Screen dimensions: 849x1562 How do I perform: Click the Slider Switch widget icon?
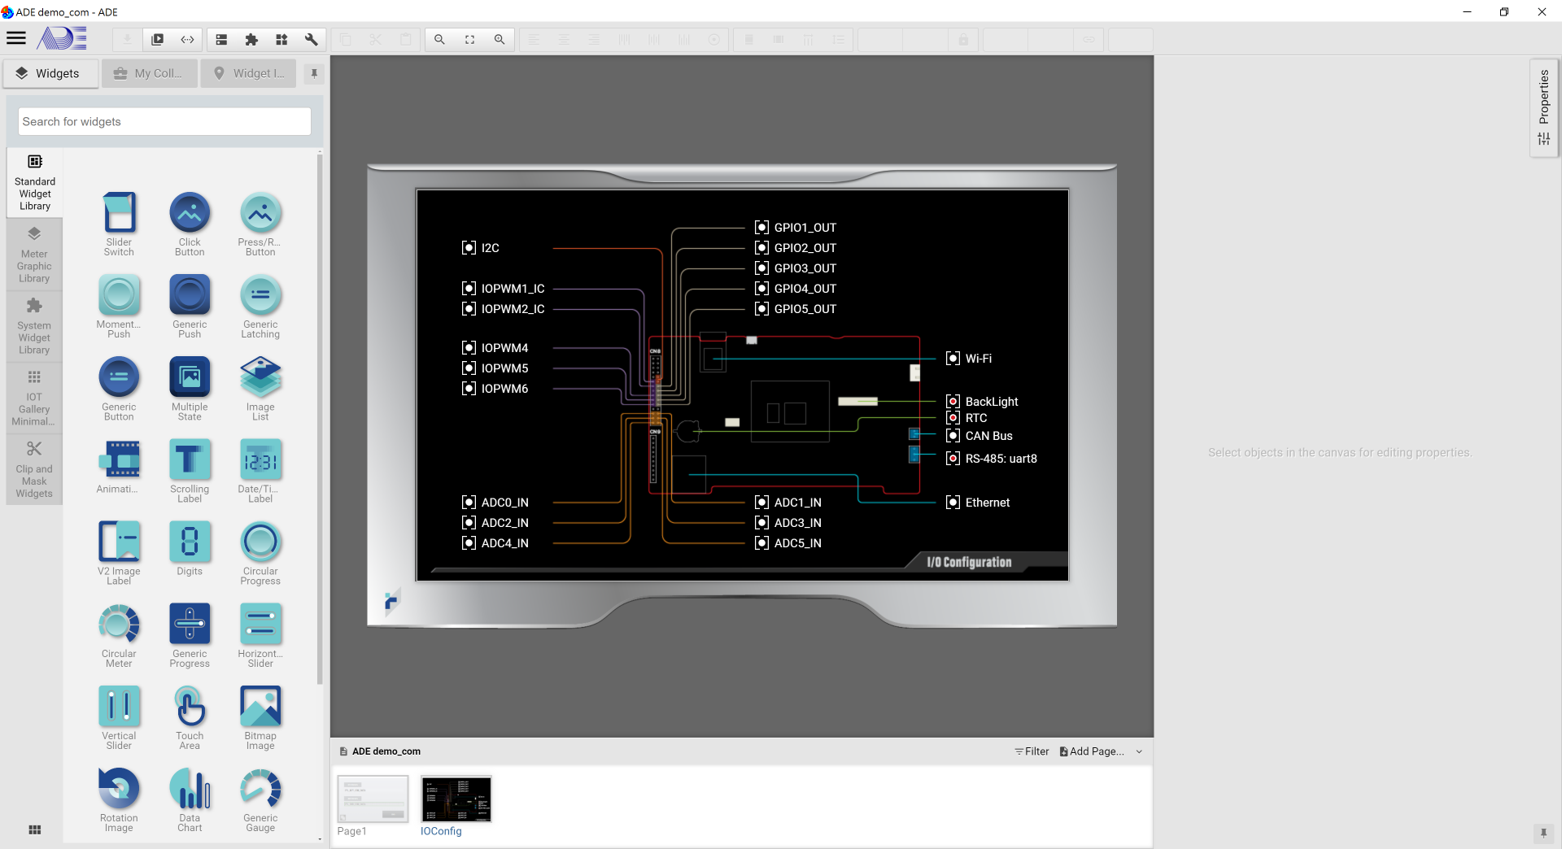[119, 213]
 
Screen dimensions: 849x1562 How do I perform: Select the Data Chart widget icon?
[190, 789]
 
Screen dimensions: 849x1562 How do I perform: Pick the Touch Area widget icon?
[190, 706]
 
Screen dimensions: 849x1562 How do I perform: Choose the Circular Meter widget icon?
[119, 624]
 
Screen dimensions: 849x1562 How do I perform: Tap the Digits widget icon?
[190, 542]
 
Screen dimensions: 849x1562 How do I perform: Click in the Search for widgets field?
[164, 122]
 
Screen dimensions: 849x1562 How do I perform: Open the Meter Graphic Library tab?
[34, 255]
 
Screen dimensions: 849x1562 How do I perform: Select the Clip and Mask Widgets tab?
[34, 470]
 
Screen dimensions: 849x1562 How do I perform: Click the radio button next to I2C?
[469, 248]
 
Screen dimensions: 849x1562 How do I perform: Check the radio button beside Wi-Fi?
[953, 359]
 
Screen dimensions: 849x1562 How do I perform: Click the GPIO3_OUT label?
[805, 268]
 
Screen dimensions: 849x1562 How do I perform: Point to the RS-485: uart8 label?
[1001, 459]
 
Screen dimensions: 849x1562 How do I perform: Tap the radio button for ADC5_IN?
[761, 543]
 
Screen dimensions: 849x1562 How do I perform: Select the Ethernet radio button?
[953, 503]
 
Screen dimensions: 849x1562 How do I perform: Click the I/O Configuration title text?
[969, 562]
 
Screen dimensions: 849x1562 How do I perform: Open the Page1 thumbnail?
[373, 799]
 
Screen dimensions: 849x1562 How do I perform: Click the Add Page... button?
[1092, 751]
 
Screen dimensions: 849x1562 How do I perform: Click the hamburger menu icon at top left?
[16, 38]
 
